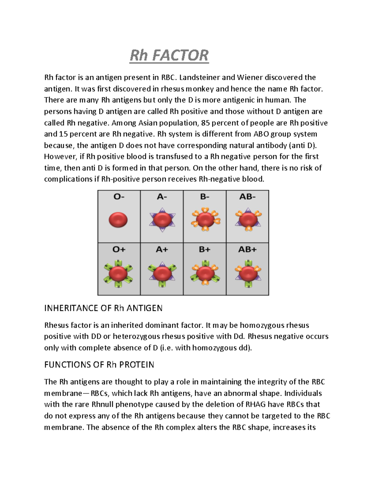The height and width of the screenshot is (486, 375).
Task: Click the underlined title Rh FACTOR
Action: pyautogui.click(x=169, y=55)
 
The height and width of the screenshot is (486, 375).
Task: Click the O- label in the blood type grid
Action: pyautogui.click(x=118, y=197)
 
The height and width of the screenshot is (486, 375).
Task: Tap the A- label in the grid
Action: pyautogui.click(x=162, y=197)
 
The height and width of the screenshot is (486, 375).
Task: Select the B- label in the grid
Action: pyautogui.click(x=204, y=197)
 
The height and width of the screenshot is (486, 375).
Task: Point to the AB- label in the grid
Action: pyautogui.click(x=247, y=197)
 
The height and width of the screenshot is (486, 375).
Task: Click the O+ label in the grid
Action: pyautogui.click(x=119, y=250)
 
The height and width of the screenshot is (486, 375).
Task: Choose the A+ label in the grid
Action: pyautogui.click(x=162, y=250)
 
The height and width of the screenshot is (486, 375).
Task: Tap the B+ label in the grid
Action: pyautogui.click(x=204, y=250)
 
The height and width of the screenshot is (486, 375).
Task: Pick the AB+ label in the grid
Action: pyautogui.click(x=247, y=250)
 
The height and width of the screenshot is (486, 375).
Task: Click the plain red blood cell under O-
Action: pyautogui.click(x=118, y=219)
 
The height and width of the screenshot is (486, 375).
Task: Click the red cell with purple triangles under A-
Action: pyautogui.click(x=162, y=219)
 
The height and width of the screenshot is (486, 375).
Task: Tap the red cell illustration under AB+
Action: pyautogui.click(x=248, y=273)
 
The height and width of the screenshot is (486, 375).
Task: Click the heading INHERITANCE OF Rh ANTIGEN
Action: pyautogui.click(x=103, y=308)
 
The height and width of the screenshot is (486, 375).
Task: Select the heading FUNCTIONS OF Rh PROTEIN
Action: pyautogui.click(x=99, y=365)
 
